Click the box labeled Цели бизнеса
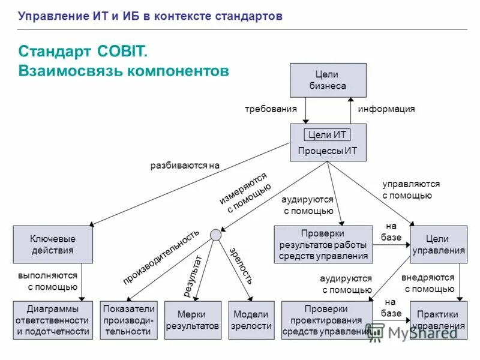click(x=328, y=80)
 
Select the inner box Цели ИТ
click(x=327, y=134)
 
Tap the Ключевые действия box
click(x=53, y=244)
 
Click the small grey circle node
click(x=215, y=234)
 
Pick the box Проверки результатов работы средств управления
click(x=323, y=244)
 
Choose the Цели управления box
click(x=438, y=244)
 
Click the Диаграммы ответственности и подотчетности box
click(x=53, y=320)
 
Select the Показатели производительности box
click(x=129, y=320)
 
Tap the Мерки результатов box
click(x=192, y=320)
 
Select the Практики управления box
click(x=438, y=320)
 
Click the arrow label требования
click(x=271, y=109)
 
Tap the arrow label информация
click(x=386, y=109)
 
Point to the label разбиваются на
click(x=185, y=165)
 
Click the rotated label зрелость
click(x=241, y=265)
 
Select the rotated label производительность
click(x=160, y=257)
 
